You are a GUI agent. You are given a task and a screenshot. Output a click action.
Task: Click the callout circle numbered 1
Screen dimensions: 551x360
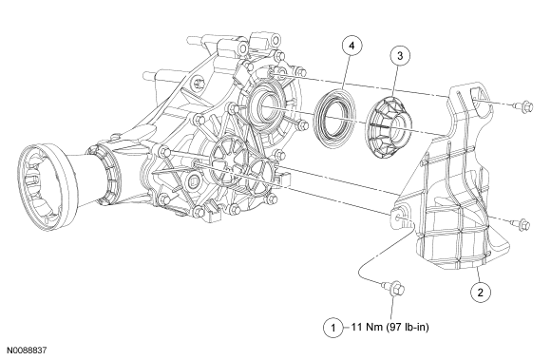point(333,328)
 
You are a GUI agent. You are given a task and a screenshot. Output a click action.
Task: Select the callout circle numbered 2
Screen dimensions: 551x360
point(481,292)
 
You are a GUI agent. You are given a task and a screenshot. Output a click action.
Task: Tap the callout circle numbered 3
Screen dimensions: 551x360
point(400,55)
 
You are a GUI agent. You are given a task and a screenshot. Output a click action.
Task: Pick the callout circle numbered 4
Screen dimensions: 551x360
point(352,46)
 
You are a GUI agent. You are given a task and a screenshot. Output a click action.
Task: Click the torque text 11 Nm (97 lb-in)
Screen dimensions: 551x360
point(390,328)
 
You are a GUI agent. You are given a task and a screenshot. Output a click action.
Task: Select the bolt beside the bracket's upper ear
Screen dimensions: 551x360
point(524,105)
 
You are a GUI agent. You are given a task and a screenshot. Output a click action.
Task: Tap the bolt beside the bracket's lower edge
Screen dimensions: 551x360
point(520,224)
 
